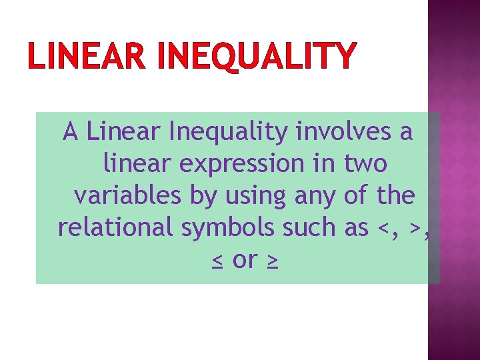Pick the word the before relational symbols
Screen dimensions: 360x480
click(395, 196)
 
